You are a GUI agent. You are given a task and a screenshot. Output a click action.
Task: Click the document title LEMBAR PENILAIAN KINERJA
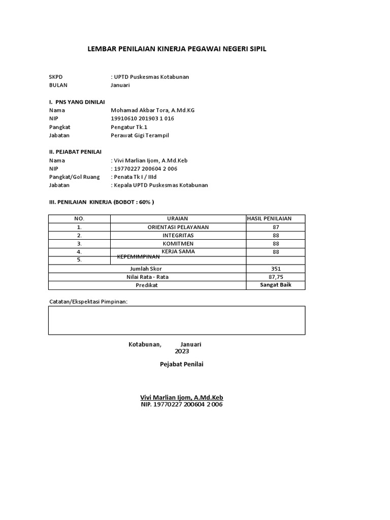click(x=177, y=49)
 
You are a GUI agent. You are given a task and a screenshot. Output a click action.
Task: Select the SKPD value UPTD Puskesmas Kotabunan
click(x=151, y=77)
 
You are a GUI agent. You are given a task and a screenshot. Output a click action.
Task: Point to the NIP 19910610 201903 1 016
click(x=142, y=118)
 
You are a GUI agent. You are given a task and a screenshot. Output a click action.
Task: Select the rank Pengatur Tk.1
click(x=129, y=127)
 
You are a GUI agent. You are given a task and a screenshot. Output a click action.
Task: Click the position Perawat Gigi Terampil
click(x=140, y=136)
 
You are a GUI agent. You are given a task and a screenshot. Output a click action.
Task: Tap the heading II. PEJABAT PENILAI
click(x=75, y=152)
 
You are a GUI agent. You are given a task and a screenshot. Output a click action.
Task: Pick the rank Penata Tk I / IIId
click(x=136, y=177)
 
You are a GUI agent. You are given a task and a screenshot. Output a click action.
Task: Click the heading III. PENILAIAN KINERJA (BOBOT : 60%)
click(x=102, y=202)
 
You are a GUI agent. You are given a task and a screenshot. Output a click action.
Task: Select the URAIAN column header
click(x=178, y=218)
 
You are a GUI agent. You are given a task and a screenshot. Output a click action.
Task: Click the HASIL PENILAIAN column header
click(x=276, y=218)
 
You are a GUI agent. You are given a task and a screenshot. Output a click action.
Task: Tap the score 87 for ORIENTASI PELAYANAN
click(x=276, y=227)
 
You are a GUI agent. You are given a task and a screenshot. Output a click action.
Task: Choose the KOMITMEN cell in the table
click(x=178, y=243)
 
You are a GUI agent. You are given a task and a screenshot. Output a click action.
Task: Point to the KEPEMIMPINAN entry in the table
click(x=139, y=257)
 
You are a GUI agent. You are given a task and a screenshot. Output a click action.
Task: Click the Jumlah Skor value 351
click(x=276, y=269)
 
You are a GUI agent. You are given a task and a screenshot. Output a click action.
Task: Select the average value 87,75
click(x=276, y=277)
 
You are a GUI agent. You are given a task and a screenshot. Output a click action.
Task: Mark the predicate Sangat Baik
click(x=276, y=285)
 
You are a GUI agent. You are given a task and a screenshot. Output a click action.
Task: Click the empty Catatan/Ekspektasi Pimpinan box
click(x=177, y=320)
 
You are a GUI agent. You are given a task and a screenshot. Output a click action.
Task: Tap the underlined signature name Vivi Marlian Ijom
click(x=181, y=397)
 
